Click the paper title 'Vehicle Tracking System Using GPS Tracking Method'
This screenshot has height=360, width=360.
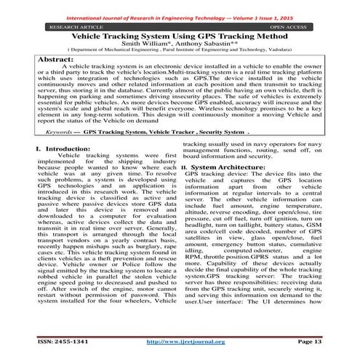[180, 35]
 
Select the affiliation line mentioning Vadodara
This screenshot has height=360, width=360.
[180, 51]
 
